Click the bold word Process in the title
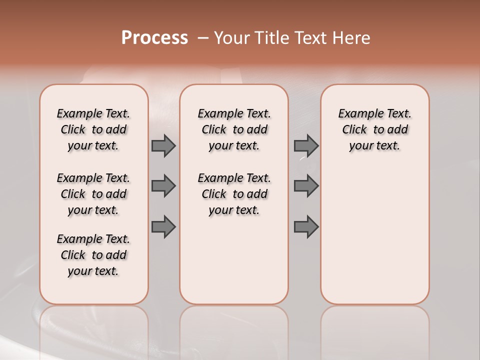pyautogui.click(x=154, y=38)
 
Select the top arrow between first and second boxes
pyautogui.click(x=163, y=145)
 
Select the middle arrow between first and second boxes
pyautogui.click(x=163, y=186)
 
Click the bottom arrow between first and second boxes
pyautogui.click(x=163, y=226)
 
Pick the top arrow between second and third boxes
pyautogui.click(x=306, y=145)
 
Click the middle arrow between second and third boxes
pyautogui.click(x=306, y=186)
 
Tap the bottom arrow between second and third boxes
pyautogui.click(x=306, y=226)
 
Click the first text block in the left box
pyautogui.click(x=93, y=129)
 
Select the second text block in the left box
pyautogui.click(x=93, y=194)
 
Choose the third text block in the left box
pyautogui.click(x=93, y=255)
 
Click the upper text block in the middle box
pyautogui.click(x=234, y=129)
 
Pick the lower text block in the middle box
pyautogui.click(x=234, y=194)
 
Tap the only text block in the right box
pyautogui.click(x=374, y=129)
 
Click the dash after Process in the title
pyautogui.click(x=202, y=38)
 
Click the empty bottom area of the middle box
pyautogui.click(x=234, y=265)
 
